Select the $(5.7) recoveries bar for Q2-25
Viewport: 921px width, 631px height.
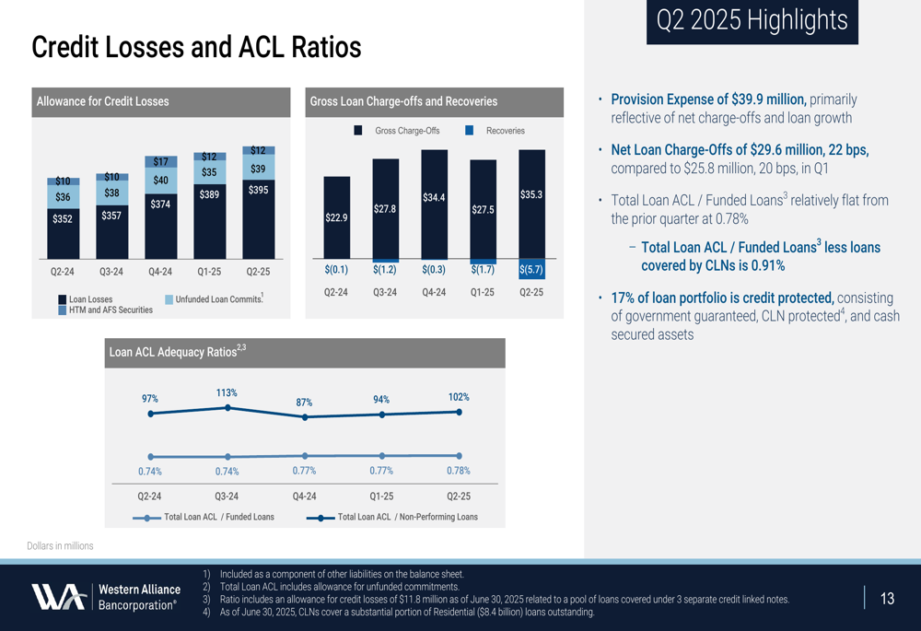coord(531,269)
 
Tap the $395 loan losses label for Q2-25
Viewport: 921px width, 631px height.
coord(258,190)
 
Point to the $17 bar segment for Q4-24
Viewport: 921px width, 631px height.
coord(160,162)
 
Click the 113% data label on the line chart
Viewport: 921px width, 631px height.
coord(227,393)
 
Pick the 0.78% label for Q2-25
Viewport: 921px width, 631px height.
coord(459,471)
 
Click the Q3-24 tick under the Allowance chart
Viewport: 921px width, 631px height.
coord(111,272)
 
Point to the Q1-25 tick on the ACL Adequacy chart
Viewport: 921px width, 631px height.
coord(381,496)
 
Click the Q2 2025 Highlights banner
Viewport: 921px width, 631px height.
coord(752,21)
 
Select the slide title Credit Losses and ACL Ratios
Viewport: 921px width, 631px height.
coord(196,47)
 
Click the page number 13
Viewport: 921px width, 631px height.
coord(887,600)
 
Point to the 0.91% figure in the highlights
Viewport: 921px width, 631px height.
coord(767,266)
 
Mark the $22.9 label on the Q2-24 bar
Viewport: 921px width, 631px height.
coord(336,217)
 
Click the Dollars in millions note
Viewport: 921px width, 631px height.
coord(60,546)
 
